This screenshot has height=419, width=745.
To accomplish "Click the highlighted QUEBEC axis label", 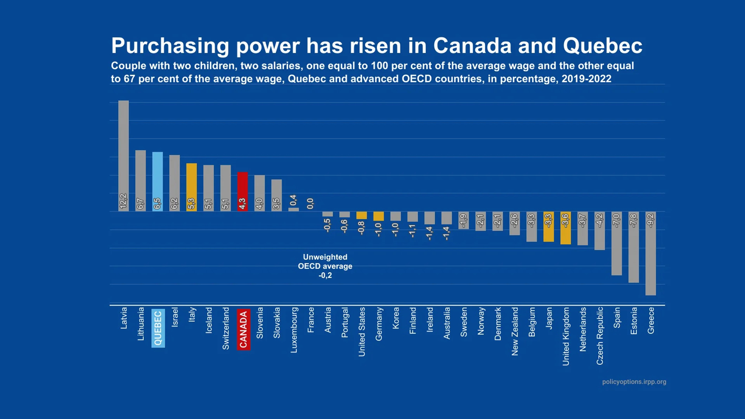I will [158, 328].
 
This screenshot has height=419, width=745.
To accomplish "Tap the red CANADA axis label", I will [243, 329].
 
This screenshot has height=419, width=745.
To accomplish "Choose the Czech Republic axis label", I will [600, 336].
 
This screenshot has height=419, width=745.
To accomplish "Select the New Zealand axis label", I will [515, 331].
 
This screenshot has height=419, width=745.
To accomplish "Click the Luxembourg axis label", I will [294, 330].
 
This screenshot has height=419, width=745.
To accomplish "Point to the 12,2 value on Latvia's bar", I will [123, 201].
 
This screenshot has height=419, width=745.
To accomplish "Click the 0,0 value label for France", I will [310, 203].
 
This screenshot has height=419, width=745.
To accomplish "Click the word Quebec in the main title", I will [602, 46].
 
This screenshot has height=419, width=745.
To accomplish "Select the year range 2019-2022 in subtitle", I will [586, 79].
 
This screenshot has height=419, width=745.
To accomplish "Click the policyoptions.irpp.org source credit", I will [634, 382].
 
